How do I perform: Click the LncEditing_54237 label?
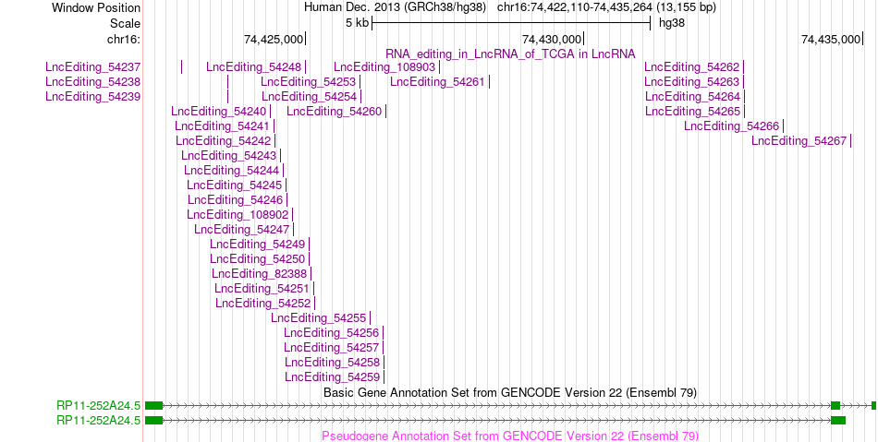click(x=93, y=67)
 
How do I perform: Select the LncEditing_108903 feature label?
click(x=384, y=67)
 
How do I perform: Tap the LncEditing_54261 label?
click(x=437, y=82)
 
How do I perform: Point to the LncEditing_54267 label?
click(x=799, y=141)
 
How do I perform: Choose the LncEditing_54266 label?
click(x=731, y=126)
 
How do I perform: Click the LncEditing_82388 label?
click(x=260, y=274)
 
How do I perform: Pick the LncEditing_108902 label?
click(x=238, y=215)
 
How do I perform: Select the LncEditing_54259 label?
click(x=332, y=377)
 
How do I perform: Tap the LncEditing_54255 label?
click(x=319, y=318)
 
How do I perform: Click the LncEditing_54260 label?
click(x=335, y=112)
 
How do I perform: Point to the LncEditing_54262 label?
click(x=692, y=67)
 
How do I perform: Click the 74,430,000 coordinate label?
click(x=552, y=39)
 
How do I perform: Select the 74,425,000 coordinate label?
click(x=274, y=39)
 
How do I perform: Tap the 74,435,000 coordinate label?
click(x=831, y=39)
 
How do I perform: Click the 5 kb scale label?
click(x=358, y=23)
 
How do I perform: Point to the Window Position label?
click(x=96, y=7)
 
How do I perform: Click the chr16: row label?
click(x=124, y=39)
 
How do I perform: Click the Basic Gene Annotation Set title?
click(x=510, y=393)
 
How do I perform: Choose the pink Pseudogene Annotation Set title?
click(x=510, y=436)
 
